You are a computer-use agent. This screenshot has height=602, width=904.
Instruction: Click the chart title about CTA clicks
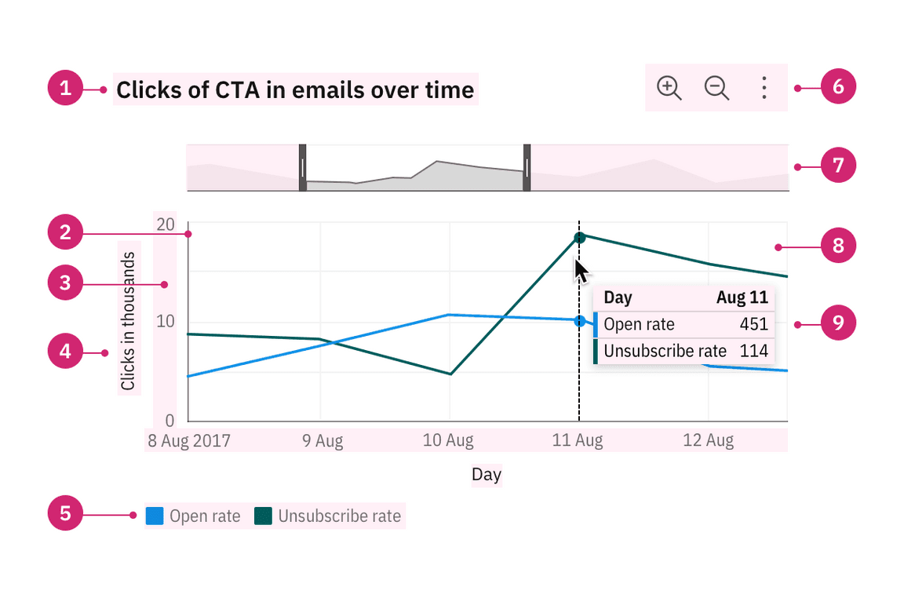click(x=295, y=90)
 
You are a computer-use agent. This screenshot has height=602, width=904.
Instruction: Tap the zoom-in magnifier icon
click(x=669, y=88)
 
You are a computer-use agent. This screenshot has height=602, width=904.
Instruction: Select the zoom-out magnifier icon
click(x=716, y=88)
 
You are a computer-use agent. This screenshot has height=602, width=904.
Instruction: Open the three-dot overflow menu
click(x=764, y=88)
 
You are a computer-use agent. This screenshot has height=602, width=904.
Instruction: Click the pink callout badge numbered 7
click(x=838, y=166)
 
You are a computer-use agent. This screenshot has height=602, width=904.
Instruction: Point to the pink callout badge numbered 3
click(x=65, y=283)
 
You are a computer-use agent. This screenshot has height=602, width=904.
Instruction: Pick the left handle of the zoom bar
click(x=303, y=167)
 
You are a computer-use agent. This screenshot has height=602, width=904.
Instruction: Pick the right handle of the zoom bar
click(x=527, y=167)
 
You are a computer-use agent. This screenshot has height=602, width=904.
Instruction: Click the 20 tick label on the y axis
click(x=166, y=224)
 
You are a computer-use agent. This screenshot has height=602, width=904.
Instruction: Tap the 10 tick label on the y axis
click(x=166, y=322)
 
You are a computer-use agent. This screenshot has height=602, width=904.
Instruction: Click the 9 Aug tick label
click(x=323, y=441)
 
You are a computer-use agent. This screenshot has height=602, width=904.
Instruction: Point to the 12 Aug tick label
click(x=708, y=441)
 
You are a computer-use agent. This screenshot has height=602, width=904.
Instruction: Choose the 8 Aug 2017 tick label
click(x=189, y=441)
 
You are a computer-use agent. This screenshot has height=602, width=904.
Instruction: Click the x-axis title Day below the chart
click(x=487, y=475)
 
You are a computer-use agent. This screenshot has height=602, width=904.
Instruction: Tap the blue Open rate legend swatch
click(x=155, y=516)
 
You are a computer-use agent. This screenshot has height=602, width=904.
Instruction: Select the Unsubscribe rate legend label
click(x=339, y=516)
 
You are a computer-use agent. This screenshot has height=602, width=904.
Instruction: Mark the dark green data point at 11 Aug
click(x=579, y=238)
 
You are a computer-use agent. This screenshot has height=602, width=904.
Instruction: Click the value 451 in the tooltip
click(x=753, y=324)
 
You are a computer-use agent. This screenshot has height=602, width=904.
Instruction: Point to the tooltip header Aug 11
click(x=742, y=298)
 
